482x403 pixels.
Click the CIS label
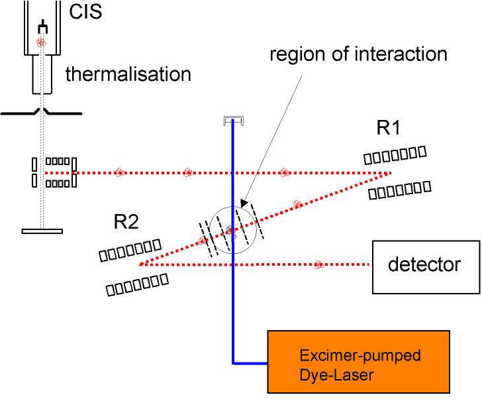coord(85,12)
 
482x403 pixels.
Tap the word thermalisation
coord(128,74)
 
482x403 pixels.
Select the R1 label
coord(388,128)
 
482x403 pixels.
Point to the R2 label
coord(126,221)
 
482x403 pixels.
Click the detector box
coord(426,267)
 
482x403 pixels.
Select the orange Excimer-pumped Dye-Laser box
coord(358,362)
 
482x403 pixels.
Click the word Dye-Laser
coord(336,375)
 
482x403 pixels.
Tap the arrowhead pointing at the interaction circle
coord(244,203)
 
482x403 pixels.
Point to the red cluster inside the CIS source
coord(41,42)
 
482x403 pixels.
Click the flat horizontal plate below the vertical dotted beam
coord(42,231)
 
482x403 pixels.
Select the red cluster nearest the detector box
coord(319,264)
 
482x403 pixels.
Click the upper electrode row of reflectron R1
coord(395,154)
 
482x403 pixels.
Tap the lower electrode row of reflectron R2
coord(137,285)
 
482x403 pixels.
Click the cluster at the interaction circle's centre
coord(231,230)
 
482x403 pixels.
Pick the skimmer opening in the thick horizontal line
coord(42,110)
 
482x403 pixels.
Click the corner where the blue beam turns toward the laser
coord(233,363)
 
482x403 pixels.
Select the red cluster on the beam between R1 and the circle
coord(297,205)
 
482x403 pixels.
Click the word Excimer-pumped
coord(360,355)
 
